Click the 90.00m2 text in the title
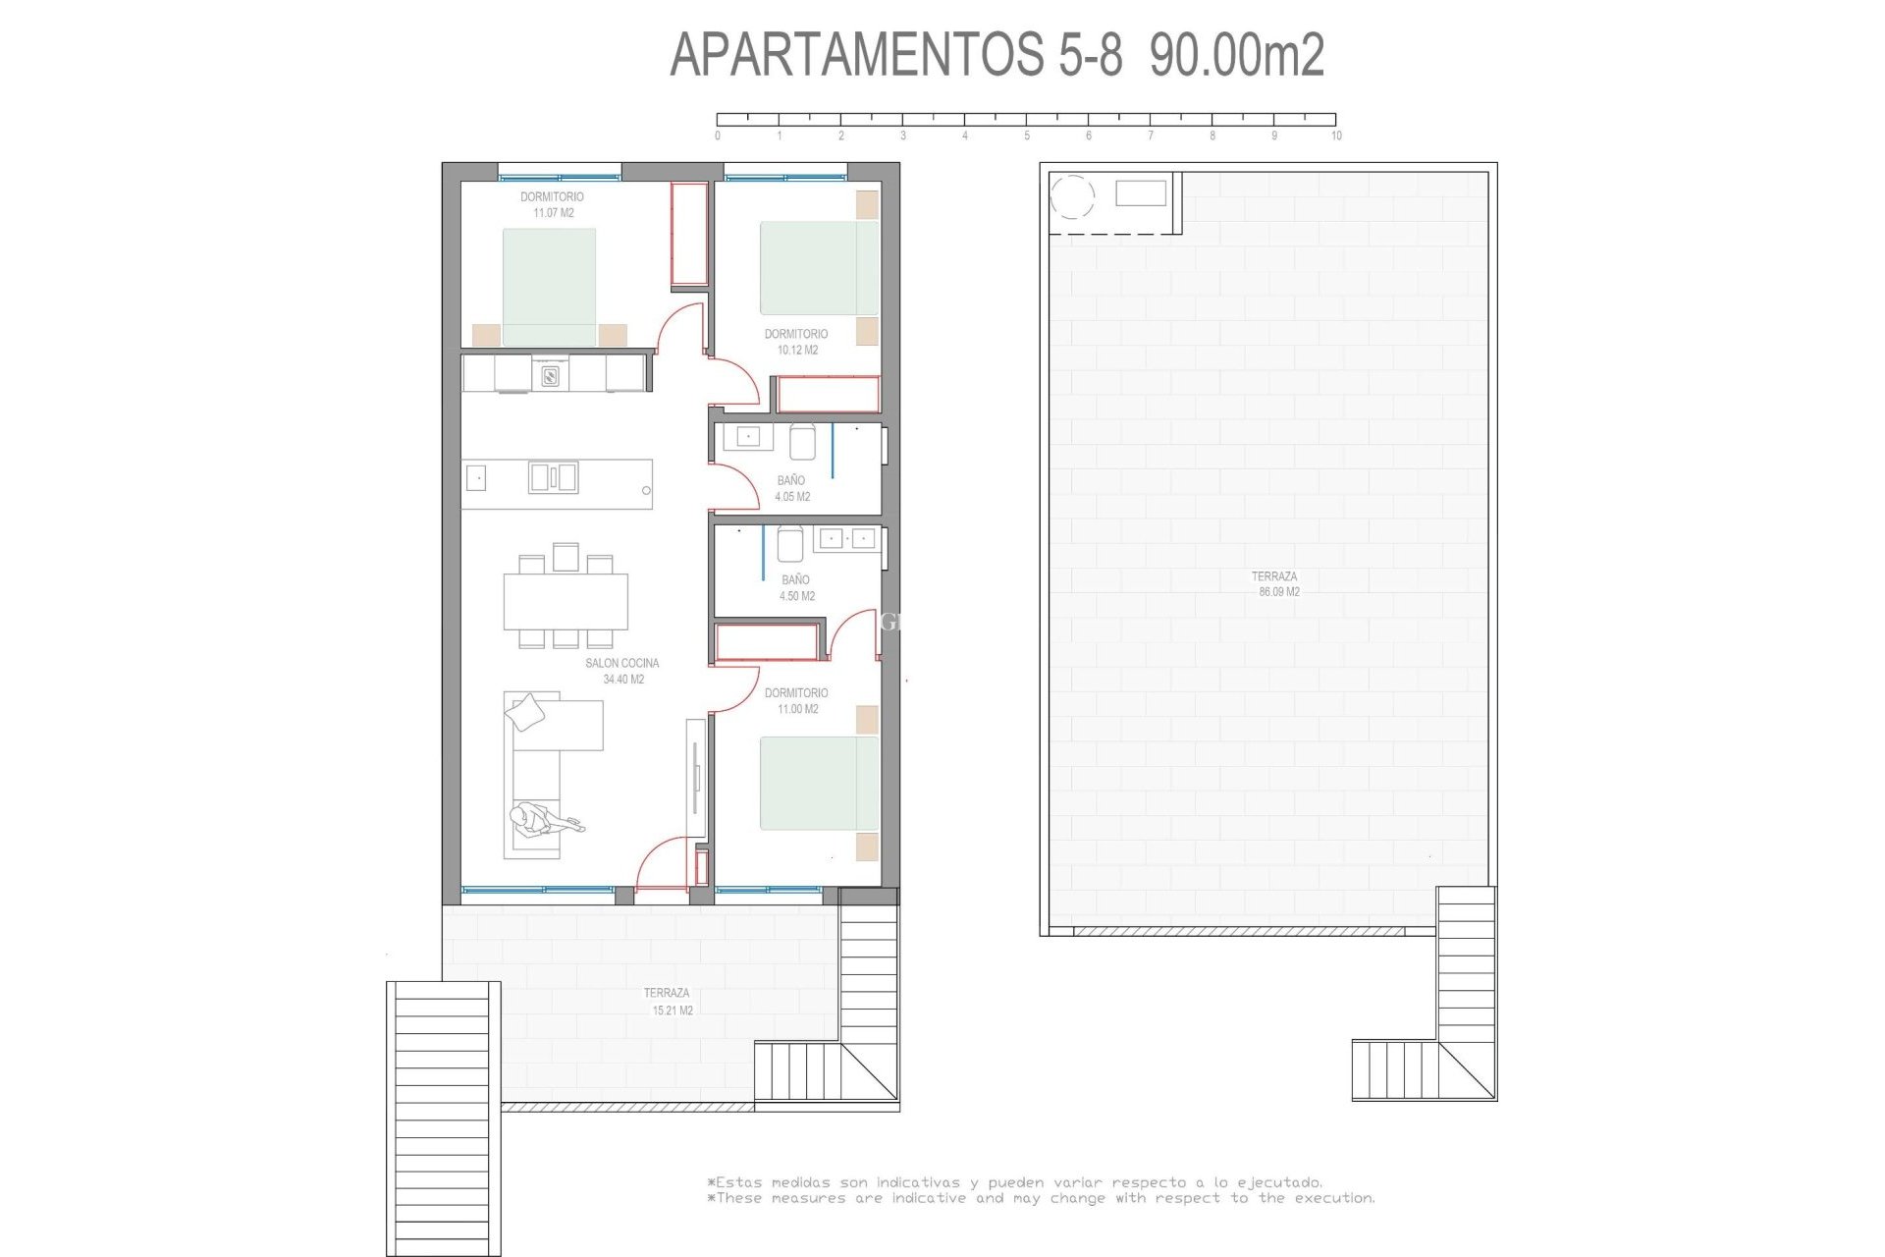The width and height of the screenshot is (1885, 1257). [x=1237, y=54]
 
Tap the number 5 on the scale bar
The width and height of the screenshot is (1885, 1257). [x=1027, y=136]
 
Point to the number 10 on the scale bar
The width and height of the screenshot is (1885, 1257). [x=1336, y=136]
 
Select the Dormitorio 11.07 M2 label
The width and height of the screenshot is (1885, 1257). [x=552, y=204]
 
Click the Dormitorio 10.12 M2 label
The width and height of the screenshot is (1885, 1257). [x=796, y=342]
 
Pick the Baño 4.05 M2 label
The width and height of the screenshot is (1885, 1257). [x=791, y=488]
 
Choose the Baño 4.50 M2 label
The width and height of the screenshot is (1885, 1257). [x=796, y=587]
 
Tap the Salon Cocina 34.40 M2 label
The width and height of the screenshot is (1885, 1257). [x=622, y=671]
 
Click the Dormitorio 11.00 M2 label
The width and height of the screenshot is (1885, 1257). [x=796, y=700]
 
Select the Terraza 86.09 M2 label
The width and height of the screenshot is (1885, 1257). [x=1275, y=584]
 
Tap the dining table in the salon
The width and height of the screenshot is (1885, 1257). [x=565, y=601]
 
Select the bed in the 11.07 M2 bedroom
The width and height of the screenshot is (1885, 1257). [x=549, y=287]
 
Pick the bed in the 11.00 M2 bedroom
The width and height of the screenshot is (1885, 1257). [x=819, y=783]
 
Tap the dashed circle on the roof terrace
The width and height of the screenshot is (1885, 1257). [x=1072, y=196]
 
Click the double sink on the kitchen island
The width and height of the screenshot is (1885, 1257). [x=553, y=477]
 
